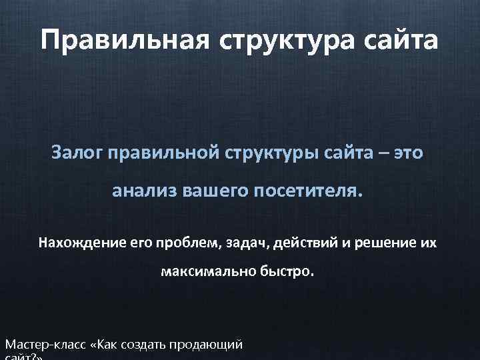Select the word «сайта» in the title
point(399,40)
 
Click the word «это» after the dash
point(409,153)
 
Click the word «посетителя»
point(311,192)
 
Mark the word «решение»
point(383,243)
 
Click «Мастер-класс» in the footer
point(45,345)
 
